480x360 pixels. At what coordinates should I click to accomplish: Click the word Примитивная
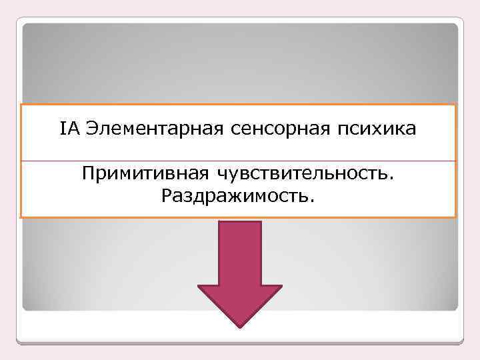click(x=145, y=175)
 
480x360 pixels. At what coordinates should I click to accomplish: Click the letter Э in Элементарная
click(x=92, y=129)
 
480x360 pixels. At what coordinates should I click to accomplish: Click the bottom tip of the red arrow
click(x=239, y=326)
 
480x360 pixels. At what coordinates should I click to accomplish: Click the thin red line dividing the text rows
click(x=239, y=161)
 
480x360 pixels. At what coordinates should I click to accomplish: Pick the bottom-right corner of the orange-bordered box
click(x=455, y=217)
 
